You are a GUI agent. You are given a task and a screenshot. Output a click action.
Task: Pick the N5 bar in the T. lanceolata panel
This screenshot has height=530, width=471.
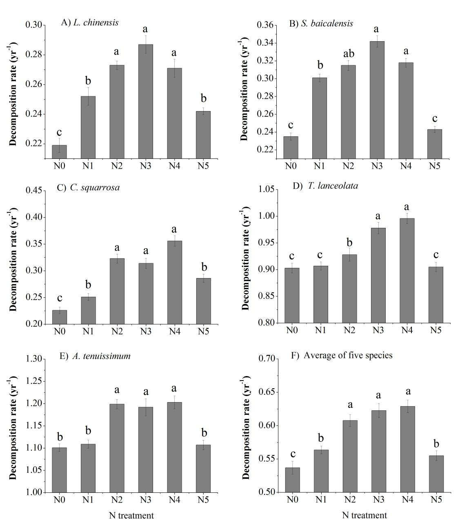[x=435, y=295]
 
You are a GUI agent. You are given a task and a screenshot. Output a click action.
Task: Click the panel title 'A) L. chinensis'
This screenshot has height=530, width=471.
[x=90, y=22]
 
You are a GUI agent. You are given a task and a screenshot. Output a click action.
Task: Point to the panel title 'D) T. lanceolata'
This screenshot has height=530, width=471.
[x=325, y=186]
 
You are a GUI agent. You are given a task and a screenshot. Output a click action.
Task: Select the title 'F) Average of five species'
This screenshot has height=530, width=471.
[x=342, y=355]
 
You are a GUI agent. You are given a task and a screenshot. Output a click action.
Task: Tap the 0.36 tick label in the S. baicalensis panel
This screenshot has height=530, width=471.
[x=265, y=25]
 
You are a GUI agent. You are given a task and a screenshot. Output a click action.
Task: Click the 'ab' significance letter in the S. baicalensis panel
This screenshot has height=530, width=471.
[x=348, y=54]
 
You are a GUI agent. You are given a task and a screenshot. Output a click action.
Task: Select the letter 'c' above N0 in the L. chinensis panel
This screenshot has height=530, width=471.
[x=60, y=132]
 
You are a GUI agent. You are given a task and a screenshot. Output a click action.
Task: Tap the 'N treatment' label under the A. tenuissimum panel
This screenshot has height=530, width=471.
[x=131, y=515]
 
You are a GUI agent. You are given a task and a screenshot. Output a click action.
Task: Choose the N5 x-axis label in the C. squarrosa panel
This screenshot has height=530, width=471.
[x=203, y=331]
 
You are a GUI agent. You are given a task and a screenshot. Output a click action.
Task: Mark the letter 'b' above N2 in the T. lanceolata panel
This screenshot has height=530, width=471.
[x=349, y=242]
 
